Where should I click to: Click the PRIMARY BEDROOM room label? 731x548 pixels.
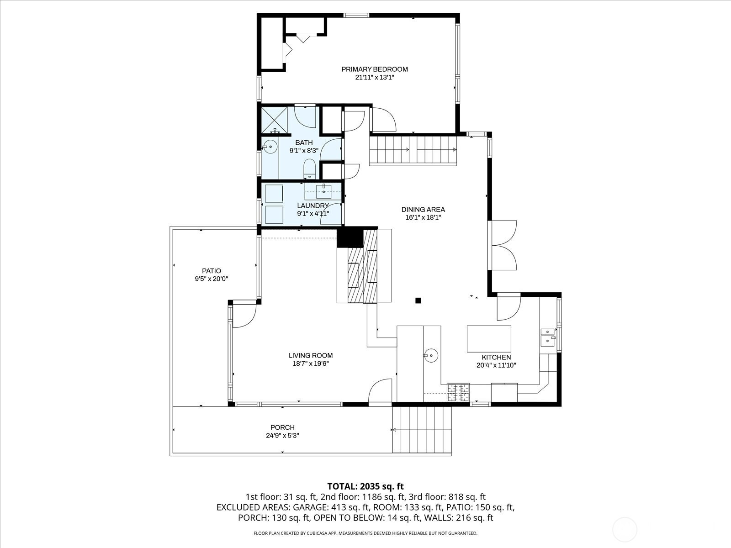[x=374, y=69]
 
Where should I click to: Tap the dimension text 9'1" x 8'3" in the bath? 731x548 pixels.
[x=304, y=150]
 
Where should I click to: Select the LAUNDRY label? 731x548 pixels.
[x=313, y=205]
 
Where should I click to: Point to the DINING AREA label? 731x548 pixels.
[x=423, y=209]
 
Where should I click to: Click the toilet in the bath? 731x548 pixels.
[x=310, y=169]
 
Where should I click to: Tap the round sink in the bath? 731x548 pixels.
[x=271, y=147]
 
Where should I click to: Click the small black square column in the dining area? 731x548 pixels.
[x=418, y=300]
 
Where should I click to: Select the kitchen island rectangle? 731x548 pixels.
[x=489, y=339]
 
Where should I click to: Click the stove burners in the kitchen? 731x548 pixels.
[x=458, y=392]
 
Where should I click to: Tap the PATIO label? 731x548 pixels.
[x=212, y=271]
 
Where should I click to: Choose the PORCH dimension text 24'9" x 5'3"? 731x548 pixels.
[x=282, y=436]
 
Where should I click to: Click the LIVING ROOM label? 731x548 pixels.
[x=311, y=355]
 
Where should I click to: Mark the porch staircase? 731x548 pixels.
[x=422, y=430]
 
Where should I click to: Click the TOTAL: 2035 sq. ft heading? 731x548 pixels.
[x=365, y=486]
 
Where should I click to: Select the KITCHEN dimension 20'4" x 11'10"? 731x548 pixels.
[x=496, y=365]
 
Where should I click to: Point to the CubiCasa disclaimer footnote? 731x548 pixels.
[x=365, y=533]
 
